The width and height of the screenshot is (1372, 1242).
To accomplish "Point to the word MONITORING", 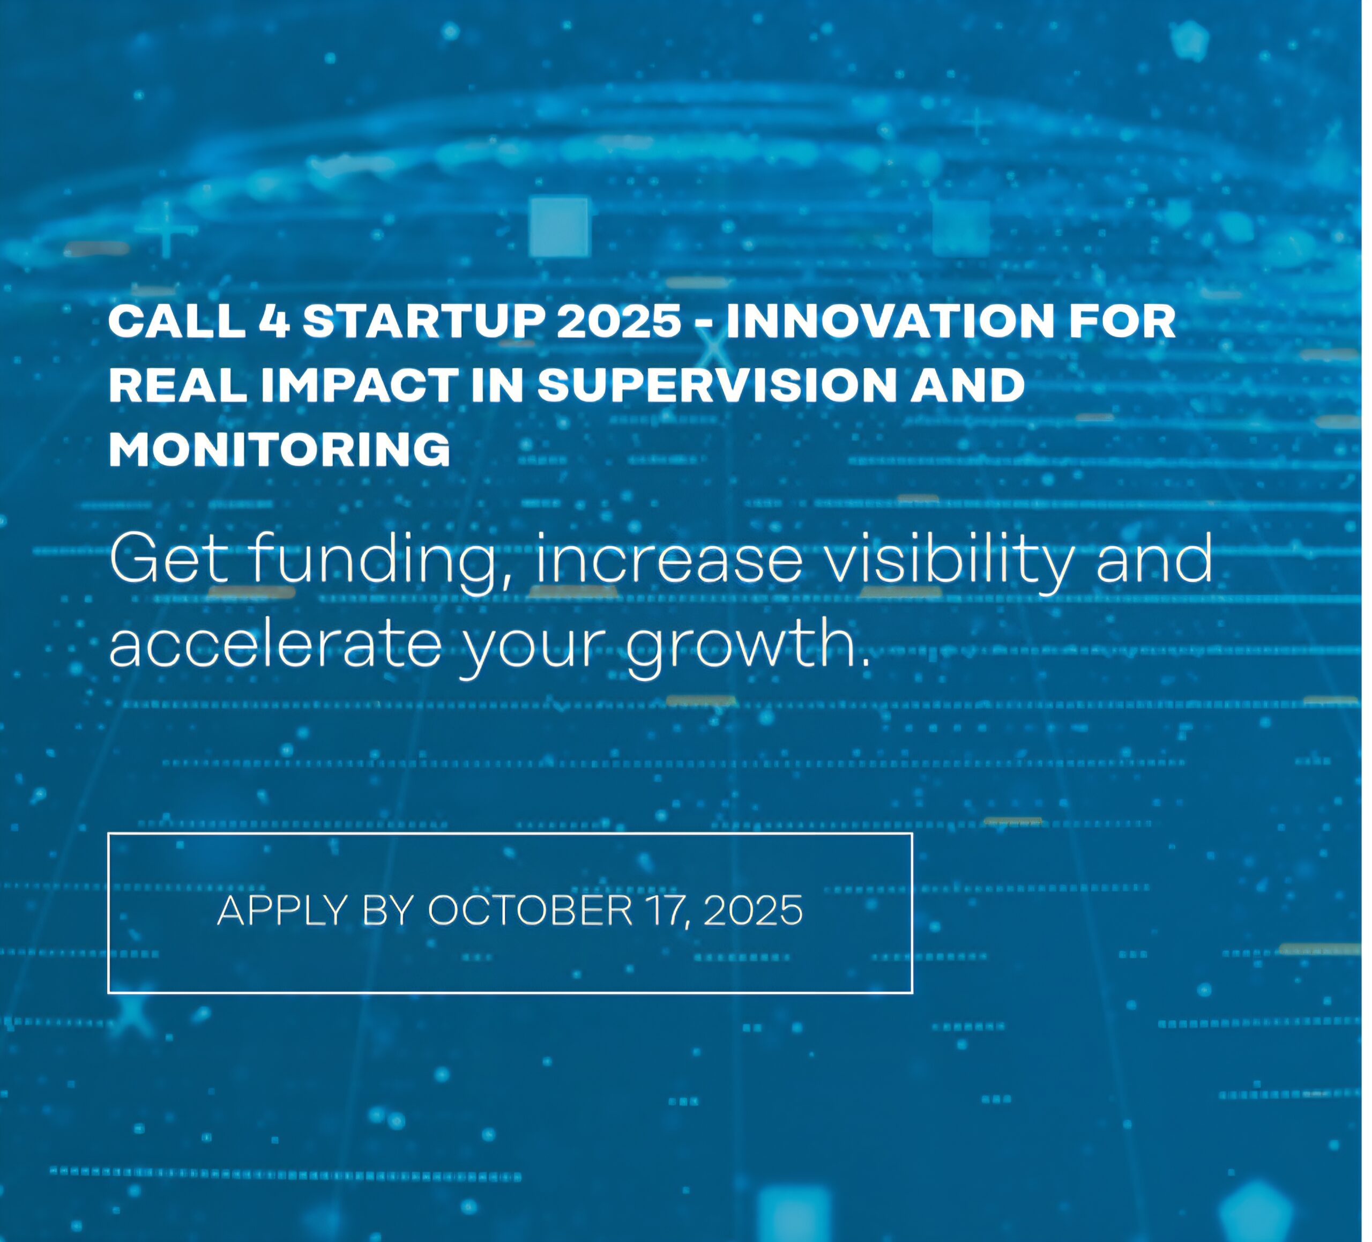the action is click(x=279, y=449).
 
